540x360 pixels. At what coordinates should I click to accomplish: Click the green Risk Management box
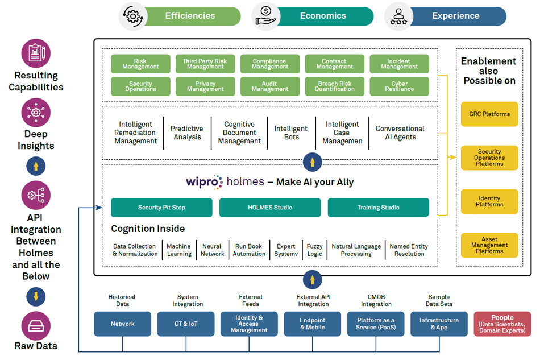tap(140, 64)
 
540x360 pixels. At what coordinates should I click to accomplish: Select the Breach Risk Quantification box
tap(335, 86)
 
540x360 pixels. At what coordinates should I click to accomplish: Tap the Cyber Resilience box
tap(400, 86)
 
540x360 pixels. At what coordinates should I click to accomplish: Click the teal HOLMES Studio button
tap(270, 208)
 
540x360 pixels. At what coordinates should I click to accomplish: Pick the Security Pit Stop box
tap(161, 208)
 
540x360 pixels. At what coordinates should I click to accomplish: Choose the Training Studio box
tap(378, 208)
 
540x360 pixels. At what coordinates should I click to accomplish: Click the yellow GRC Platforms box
tap(489, 114)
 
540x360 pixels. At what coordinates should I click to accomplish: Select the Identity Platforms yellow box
tap(489, 201)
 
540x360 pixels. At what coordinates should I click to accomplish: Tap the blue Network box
tap(123, 324)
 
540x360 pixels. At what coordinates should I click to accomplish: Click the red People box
tap(502, 324)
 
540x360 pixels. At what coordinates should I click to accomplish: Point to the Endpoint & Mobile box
tap(313, 324)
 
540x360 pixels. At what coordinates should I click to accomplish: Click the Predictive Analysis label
tap(187, 133)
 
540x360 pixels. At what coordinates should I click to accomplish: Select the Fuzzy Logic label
tap(314, 250)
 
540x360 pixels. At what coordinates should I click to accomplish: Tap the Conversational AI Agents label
tap(400, 133)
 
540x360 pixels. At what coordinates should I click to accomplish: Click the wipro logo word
tap(203, 182)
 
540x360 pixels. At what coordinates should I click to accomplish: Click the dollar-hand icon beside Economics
tap(265, 16)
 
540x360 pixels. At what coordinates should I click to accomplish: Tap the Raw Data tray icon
tap(36, 325)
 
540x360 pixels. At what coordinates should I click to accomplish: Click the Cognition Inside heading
tap(148, 229)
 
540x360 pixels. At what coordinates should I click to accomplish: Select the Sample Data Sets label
tap(439, 300)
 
